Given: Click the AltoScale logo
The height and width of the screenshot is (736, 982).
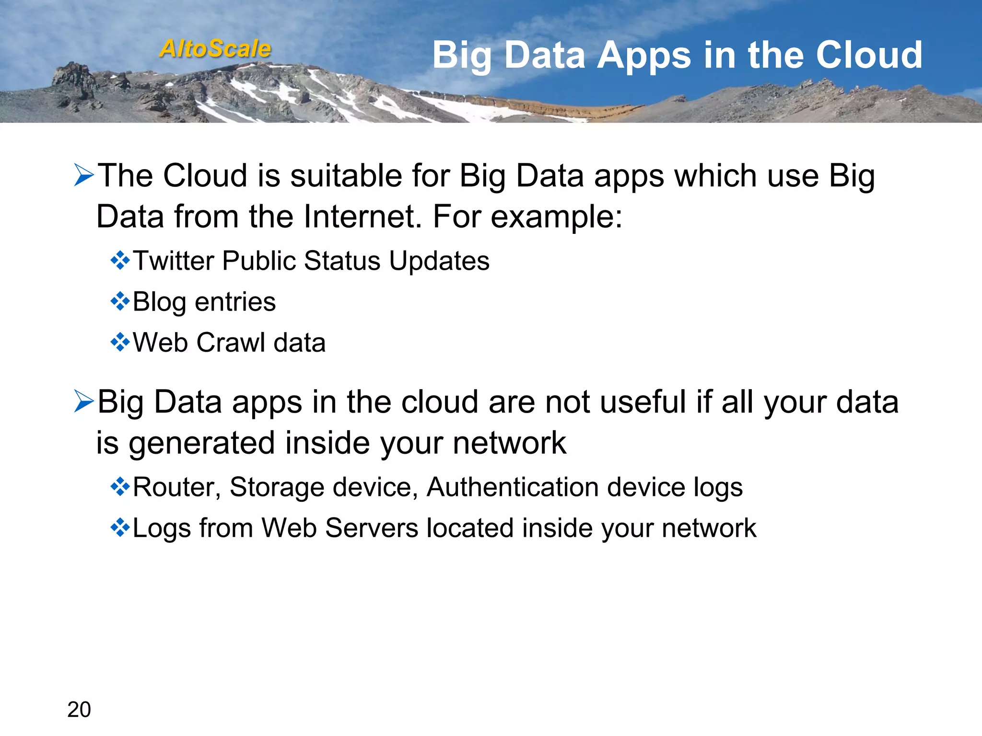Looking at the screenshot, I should [x=215, y=49].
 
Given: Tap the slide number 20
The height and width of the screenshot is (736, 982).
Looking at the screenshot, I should [x=79, y=709].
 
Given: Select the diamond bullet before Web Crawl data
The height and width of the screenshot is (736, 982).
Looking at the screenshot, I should [x=120, y=343].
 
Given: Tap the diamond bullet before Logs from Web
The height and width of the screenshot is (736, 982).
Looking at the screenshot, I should [x=120, y=528].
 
